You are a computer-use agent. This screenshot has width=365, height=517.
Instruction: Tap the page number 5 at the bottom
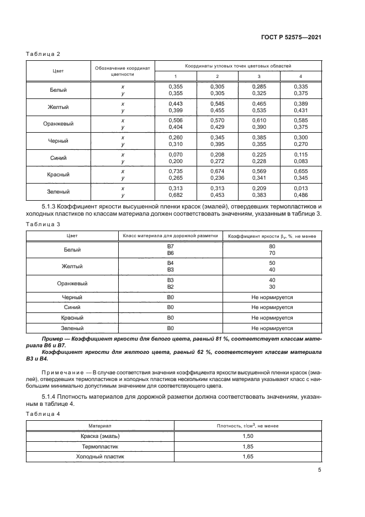[x=319, y=470]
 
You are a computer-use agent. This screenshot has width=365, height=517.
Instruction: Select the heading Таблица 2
[x=43, y=54]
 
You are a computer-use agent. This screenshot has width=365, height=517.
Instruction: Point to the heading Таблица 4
[x=43, y=414]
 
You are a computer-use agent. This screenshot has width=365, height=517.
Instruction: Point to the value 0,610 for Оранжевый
[x=259, y=121]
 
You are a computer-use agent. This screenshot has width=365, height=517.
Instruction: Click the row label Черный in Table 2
[x=58, y=141]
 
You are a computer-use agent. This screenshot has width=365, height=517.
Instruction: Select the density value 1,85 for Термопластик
[x=248, y=446]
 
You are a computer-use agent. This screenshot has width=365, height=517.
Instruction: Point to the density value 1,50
[x=248, y=436]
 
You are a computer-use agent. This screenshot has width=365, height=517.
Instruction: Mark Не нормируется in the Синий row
[x=272, y=307]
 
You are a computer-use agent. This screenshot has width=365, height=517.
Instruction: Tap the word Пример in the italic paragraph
[x=54, y=337]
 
